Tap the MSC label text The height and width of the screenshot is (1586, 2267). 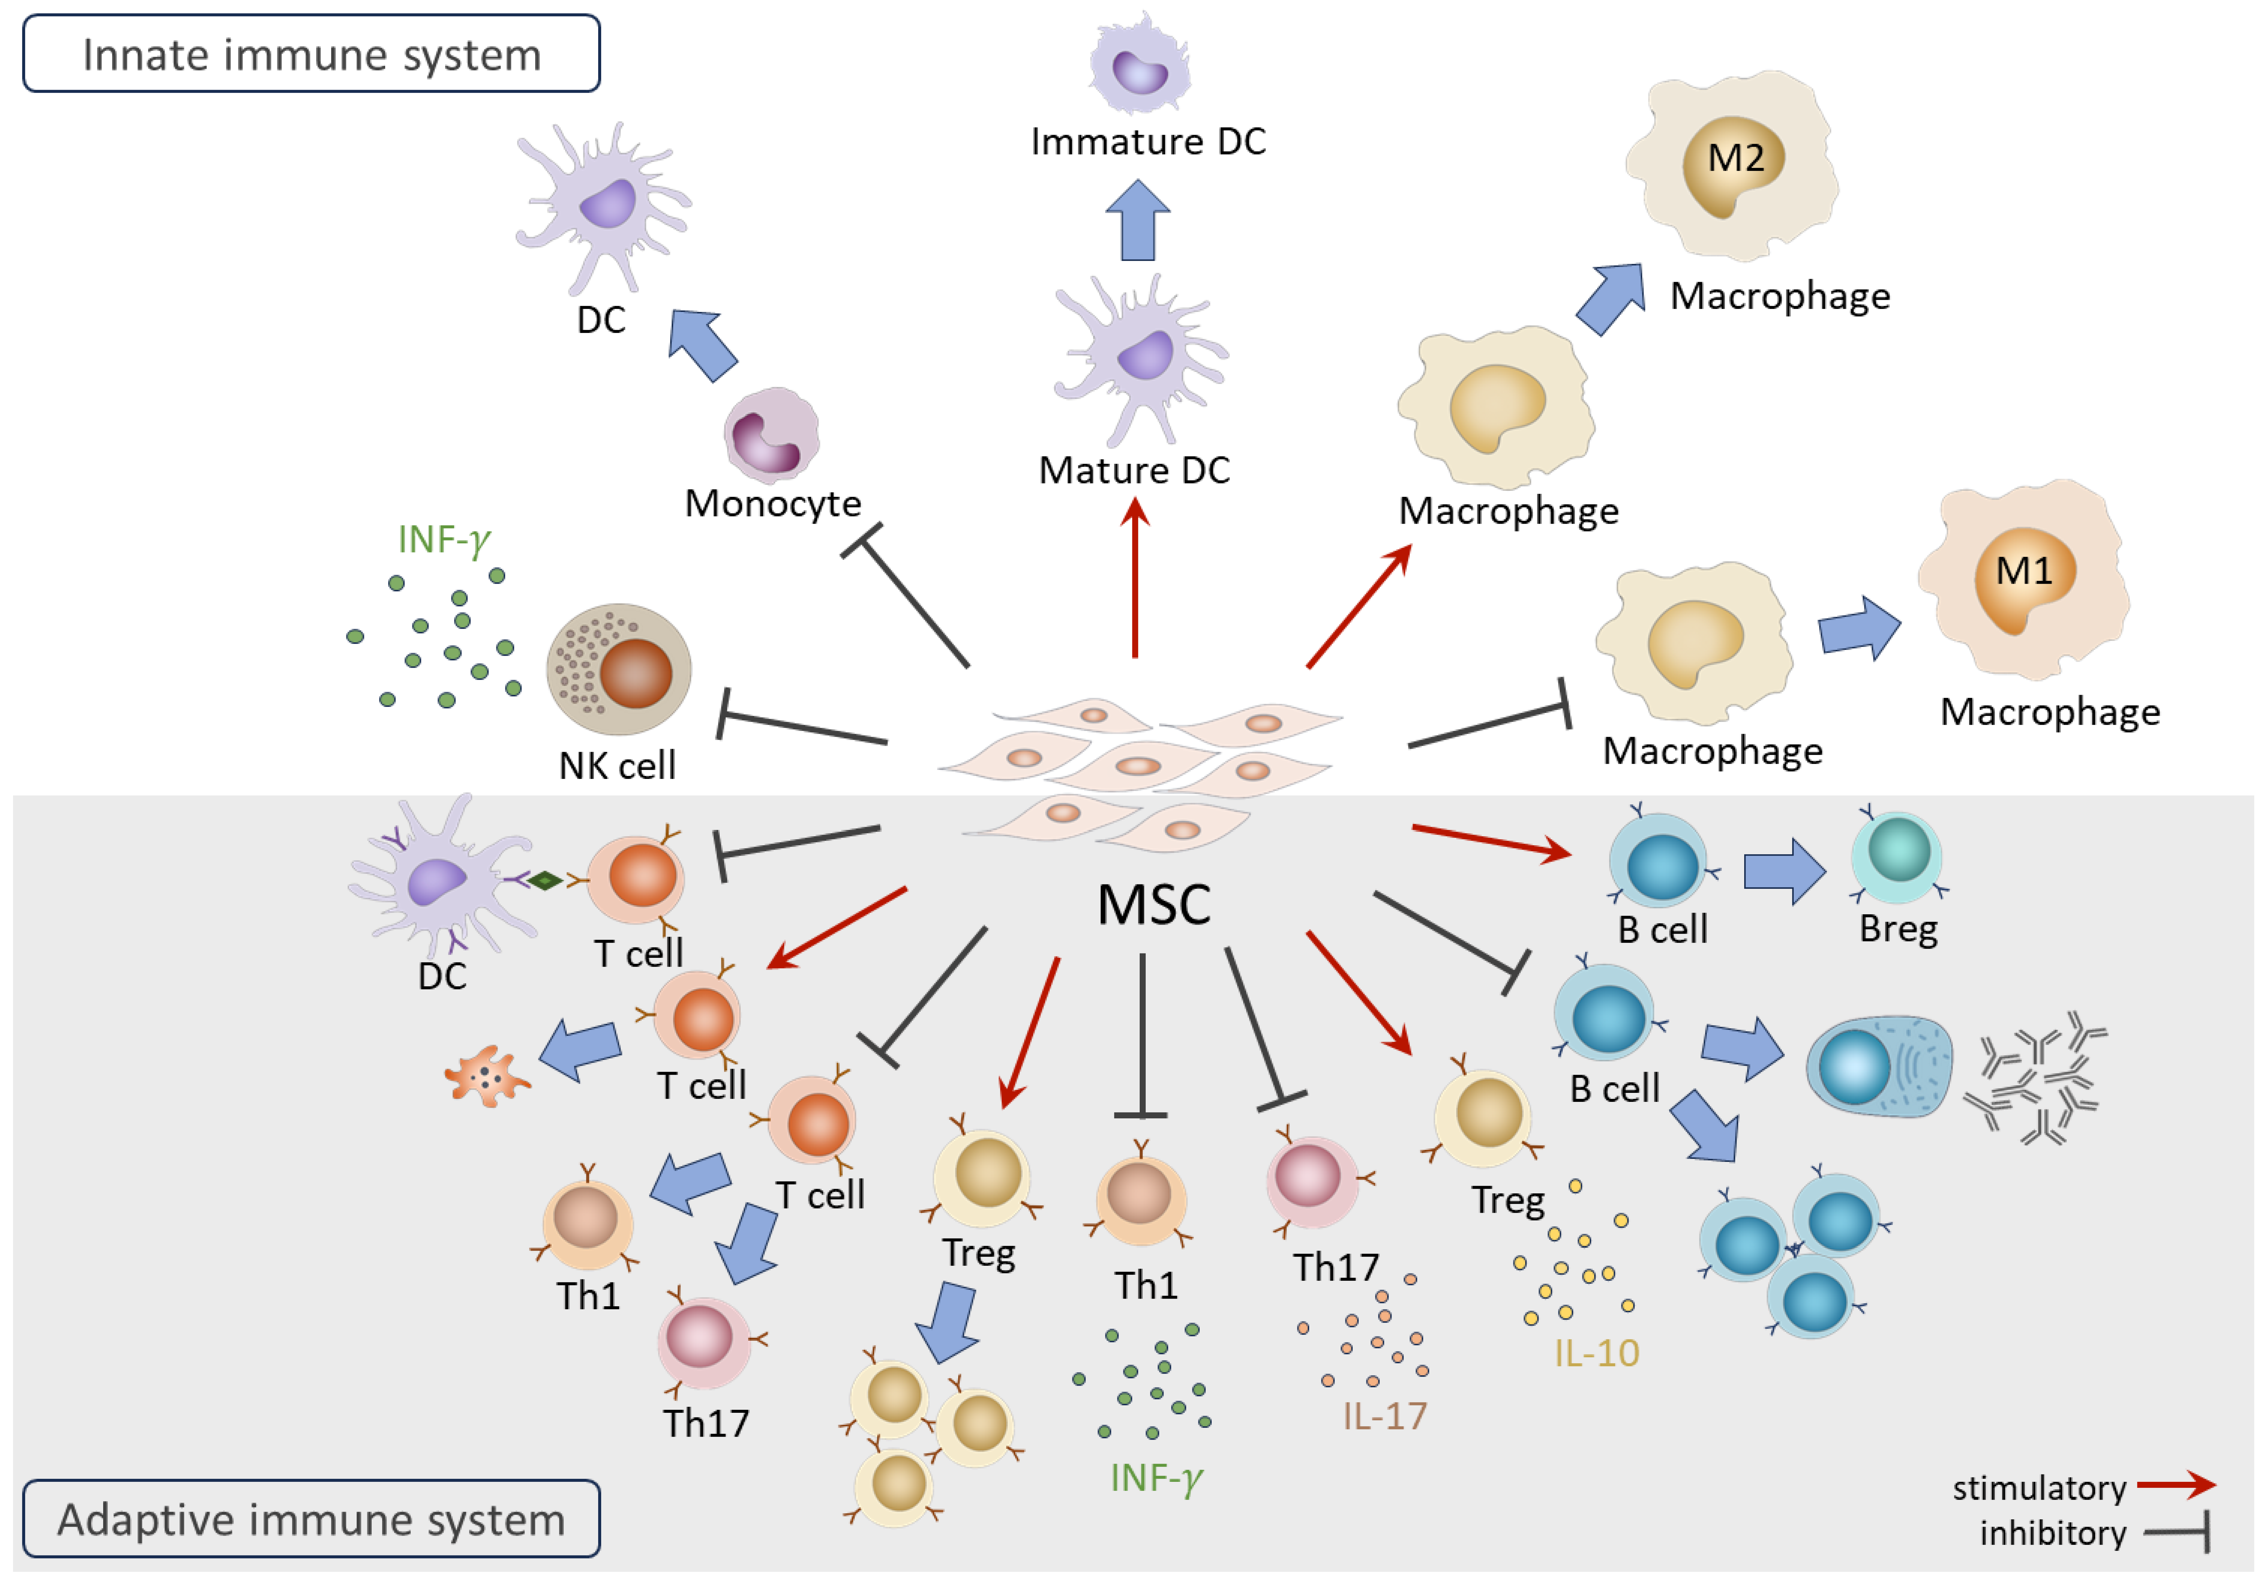1153,905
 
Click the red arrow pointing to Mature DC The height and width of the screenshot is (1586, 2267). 1135,578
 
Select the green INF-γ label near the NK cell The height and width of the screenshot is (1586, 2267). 443,540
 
